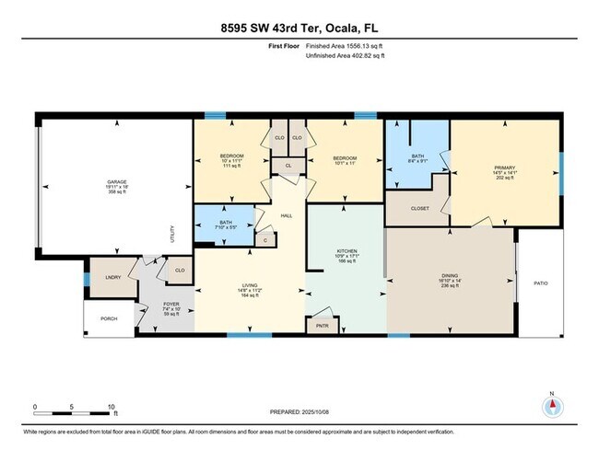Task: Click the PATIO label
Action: tap(541, 283)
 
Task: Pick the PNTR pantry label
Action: tap(323, 325)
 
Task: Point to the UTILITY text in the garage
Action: tap(171, 235)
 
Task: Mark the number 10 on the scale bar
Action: tap(111, 406)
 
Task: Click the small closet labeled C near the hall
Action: tap(264, 240)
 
